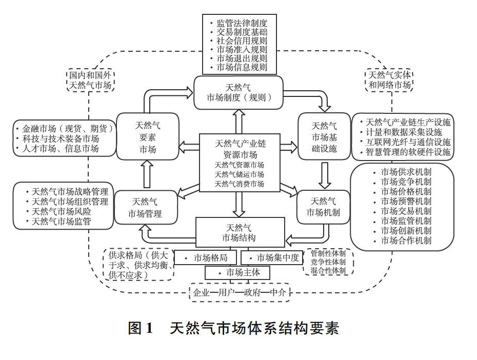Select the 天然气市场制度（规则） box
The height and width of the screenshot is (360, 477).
239,92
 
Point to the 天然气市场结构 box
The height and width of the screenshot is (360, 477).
240,232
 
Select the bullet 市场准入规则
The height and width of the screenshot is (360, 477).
241,49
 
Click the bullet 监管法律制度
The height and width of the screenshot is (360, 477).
241,23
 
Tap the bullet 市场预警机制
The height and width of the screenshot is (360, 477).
405,201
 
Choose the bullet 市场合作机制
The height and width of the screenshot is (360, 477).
405,240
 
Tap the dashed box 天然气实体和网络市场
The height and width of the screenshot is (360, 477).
390,80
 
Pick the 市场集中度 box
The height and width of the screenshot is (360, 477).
272,257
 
